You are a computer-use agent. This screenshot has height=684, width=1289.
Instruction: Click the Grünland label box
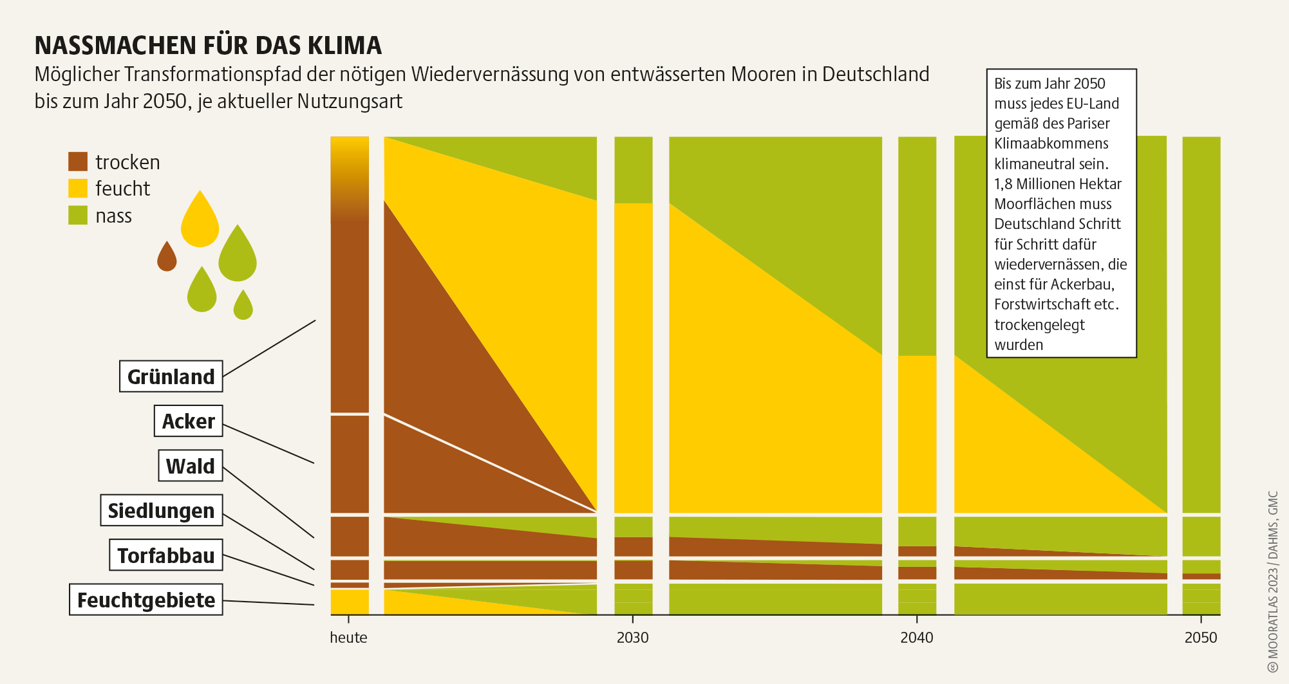171,376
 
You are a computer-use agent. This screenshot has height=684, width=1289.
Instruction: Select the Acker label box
188,421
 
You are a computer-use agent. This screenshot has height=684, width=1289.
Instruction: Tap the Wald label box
190,466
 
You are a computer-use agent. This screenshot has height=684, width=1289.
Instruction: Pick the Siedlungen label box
161,510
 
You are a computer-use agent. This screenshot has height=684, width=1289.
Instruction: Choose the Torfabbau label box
166,555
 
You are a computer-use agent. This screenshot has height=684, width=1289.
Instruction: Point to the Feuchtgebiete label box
146,600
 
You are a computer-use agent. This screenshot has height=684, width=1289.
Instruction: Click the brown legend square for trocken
78,162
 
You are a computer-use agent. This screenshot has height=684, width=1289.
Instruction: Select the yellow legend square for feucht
78,188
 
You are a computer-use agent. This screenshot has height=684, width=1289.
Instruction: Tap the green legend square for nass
78,215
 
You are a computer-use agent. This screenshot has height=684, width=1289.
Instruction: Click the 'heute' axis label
348,638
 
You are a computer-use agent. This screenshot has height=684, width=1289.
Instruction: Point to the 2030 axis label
632,638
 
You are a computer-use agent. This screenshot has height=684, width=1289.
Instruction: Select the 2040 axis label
916,638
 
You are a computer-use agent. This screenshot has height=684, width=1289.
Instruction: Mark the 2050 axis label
1201,638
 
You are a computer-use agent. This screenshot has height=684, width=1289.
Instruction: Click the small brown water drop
167,257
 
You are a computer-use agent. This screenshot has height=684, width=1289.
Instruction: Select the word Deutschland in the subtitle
875,75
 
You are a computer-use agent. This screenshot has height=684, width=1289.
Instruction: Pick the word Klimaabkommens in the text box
1051,143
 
